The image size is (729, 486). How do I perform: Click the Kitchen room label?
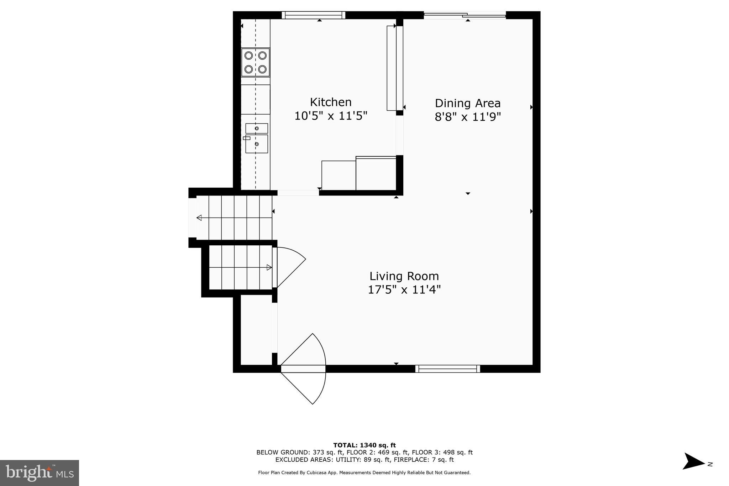point(331,102)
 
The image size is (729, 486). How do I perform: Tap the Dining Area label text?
point(467,103)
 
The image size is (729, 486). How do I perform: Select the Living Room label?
point(404,276)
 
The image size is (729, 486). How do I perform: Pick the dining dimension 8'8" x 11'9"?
point(467,117)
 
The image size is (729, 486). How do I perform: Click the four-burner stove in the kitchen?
point(256,62)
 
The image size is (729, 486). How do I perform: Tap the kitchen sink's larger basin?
point(257,144)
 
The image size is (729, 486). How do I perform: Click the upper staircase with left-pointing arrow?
point(234,218)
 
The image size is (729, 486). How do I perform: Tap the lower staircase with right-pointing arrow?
point(240,267)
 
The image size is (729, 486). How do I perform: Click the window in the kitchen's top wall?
point(314,15)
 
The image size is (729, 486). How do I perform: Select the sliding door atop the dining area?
point(465,15)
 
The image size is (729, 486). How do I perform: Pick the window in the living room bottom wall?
point(447,369)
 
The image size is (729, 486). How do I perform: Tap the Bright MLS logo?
point(40,473)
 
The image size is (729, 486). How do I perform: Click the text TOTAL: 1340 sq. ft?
point(364,445)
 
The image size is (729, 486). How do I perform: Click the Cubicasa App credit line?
point(364,473)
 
